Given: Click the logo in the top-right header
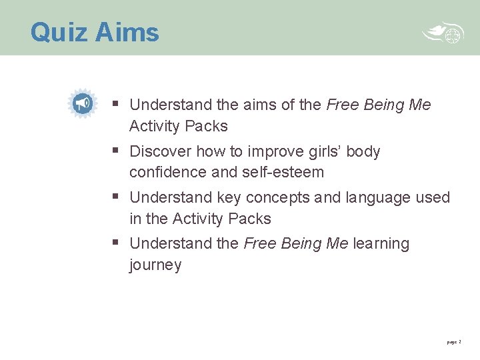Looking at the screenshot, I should (x=443, y=34).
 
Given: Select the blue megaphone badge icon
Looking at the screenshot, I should (x=83, y=103).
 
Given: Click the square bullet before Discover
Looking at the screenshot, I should (x=116, y=151).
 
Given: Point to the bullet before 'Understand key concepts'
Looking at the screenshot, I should (x=116, y=197).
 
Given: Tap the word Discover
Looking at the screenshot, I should (x=160, y=151).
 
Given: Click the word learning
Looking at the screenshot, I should (x=381, y=243).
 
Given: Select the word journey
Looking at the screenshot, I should (x=155, y=265).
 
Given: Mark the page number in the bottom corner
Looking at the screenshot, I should (x=453, y=342).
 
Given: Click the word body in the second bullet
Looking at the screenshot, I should (x=365, y=151).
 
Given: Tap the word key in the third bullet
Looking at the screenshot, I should (x=229, y=198).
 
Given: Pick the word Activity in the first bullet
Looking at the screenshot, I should (x=155, y=126).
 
